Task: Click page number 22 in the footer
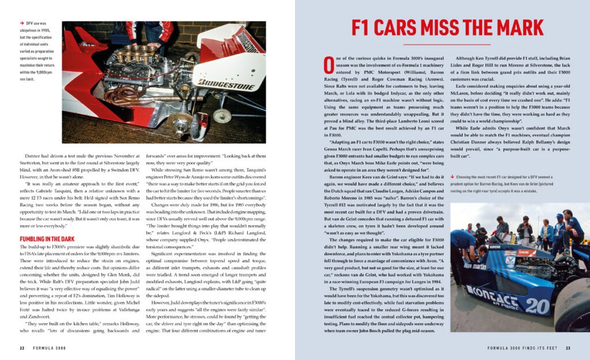[x=22, y=348]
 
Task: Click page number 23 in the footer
[x=568, y=348]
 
